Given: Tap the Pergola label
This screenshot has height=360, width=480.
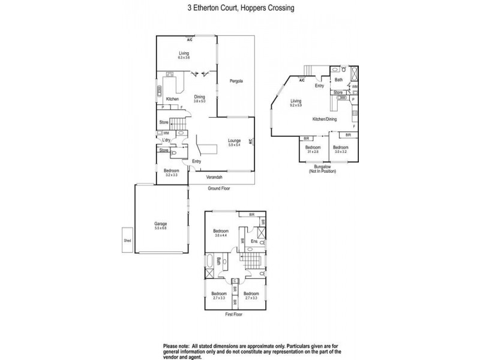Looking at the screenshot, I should pyautogui.click(x=235, y=80).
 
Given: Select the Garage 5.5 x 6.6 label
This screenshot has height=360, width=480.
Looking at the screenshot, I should pyautogui.click(x=160, y=226).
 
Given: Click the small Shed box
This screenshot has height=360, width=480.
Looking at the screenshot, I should pyautogui.click(x=127, y=240).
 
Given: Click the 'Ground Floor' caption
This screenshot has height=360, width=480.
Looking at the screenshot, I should pyautogui.click(x=219, y=188).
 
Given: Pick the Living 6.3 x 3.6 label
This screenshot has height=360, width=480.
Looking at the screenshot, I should pyautogui.click(x=184, y=55).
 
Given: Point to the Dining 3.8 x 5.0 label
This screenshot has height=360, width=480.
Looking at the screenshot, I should pyautogui.click(x=200, y=99).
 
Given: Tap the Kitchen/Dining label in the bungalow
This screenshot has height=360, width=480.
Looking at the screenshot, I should pyautogui.click(x=324, y=119).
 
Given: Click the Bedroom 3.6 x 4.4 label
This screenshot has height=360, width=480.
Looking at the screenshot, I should pyautogui.click(x=221, y=233).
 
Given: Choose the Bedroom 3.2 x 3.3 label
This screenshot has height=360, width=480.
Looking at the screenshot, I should pyautogui.click(x=171, y=173).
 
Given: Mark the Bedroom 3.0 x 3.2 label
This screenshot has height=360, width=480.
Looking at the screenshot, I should pyautogui.click(x=341, y=149).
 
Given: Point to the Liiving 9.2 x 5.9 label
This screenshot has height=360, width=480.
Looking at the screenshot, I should pyautogui.click(x=296, y=103).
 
